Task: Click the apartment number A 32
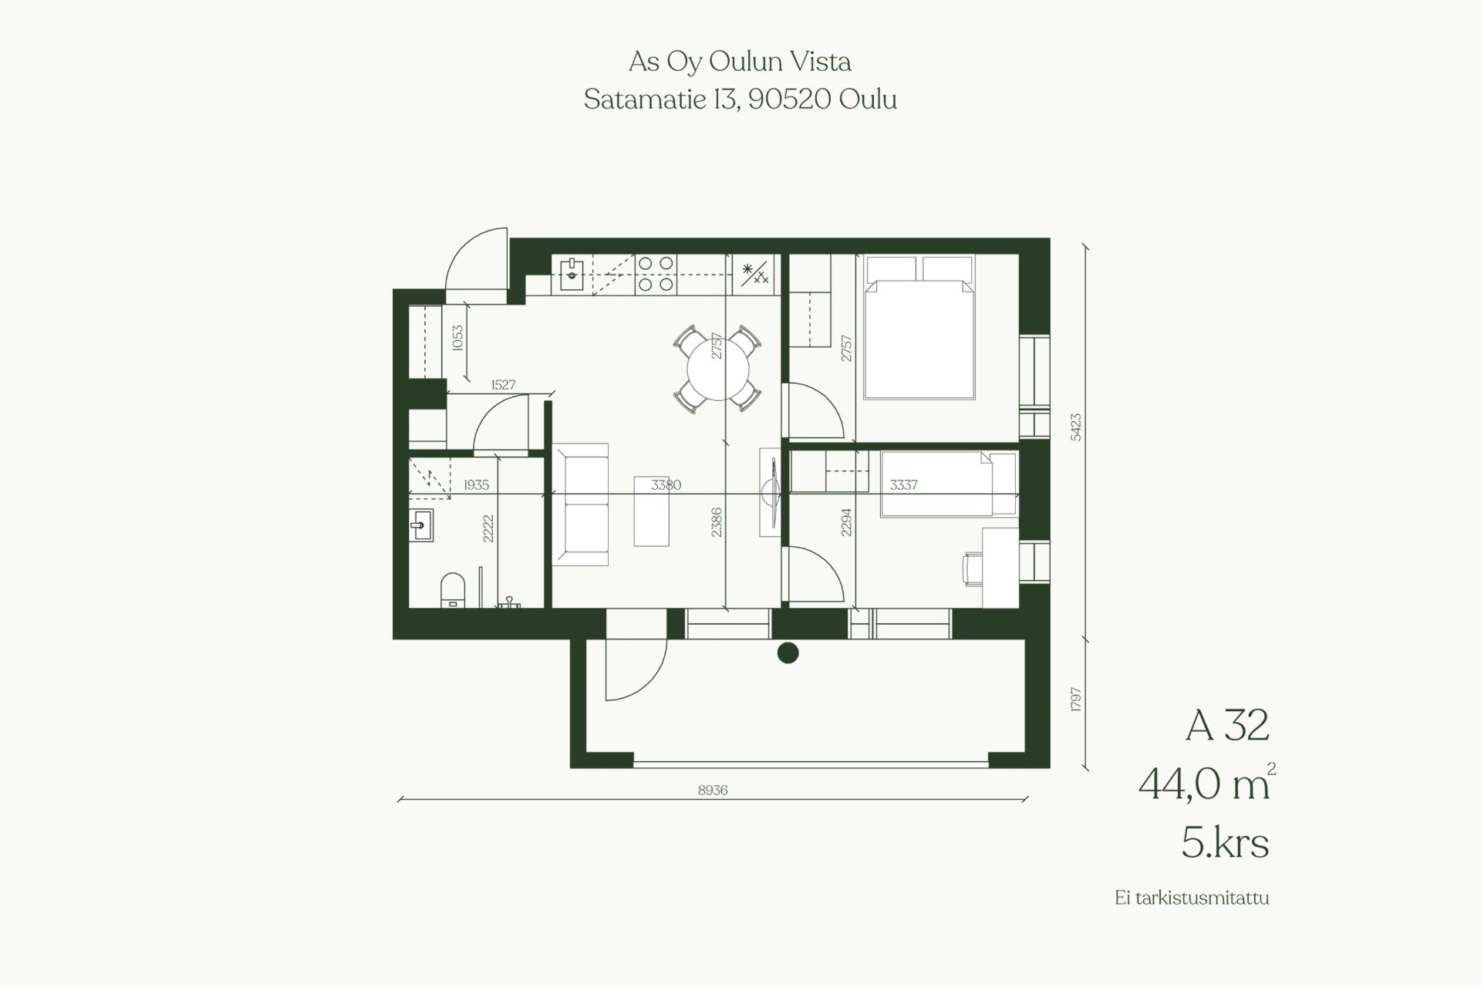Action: tap(1227, 725)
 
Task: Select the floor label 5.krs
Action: tap(1225, 844)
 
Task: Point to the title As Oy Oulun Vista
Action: tap(740, 62)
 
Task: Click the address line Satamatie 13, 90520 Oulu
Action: tap(740, 99)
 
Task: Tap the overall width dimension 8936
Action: tap(712, 790)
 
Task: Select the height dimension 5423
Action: tap(1077, 427)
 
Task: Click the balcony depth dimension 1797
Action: tap(1077, 700)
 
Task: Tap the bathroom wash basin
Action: tap(420, 525)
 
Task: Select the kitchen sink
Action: tap(572, 273)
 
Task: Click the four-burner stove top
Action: tap(655, 274)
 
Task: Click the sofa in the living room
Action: tap(580, 504)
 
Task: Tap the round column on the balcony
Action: tap(787, 653)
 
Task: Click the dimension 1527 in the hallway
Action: tap(503, 384)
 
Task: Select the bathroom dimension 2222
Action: tap(487, 528)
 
